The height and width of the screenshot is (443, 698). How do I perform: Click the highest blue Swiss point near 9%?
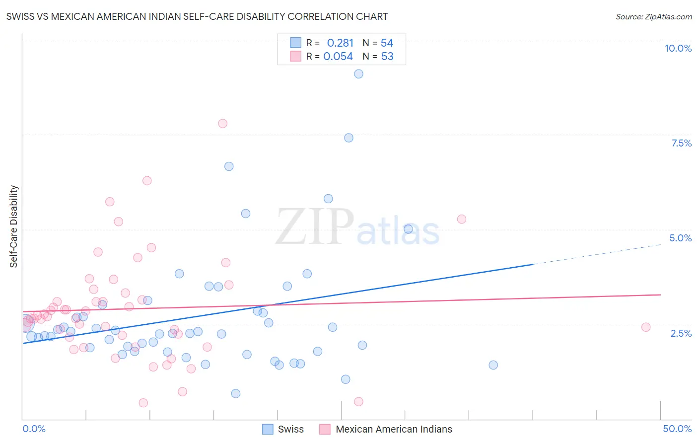358,74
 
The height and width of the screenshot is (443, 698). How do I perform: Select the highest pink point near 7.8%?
223,124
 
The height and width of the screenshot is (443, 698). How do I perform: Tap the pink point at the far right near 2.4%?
646,327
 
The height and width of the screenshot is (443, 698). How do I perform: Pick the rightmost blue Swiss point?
493,365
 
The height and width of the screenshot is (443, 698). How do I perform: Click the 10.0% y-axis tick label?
678,48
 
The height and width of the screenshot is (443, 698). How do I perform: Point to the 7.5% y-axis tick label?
681,143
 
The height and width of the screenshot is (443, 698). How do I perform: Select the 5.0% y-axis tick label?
680,238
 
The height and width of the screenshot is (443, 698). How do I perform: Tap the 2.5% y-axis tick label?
681,333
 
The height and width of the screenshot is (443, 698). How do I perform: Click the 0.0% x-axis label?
34,429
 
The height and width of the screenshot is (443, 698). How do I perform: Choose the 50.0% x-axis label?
677,429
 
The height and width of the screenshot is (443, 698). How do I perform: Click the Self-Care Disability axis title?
14,226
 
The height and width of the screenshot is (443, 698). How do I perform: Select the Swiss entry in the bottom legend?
290,429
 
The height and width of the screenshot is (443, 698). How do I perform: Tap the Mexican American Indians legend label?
394,429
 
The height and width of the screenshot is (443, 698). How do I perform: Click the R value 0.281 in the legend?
340,43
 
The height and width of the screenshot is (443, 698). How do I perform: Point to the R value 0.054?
338,57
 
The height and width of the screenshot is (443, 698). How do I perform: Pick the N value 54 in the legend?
387,43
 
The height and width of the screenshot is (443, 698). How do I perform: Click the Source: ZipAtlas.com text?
653,17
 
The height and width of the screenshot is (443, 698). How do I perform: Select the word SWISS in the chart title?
20,17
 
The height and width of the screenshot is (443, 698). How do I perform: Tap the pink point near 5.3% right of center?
462,219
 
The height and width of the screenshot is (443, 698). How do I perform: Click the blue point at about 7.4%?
349,138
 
